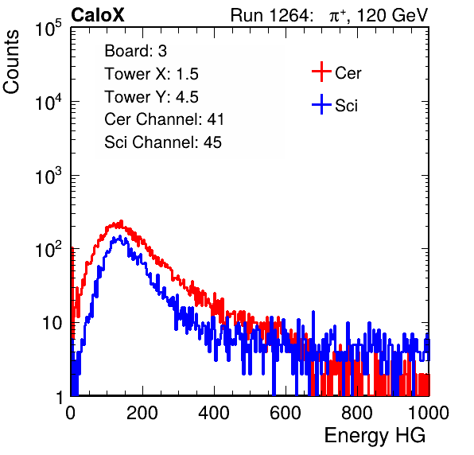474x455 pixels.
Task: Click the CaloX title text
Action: [98, 15]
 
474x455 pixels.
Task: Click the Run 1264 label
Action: [270, 15]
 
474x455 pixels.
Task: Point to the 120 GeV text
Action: [392, 15]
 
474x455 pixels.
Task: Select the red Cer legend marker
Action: [321, 72]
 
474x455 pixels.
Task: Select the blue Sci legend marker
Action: [321, 104]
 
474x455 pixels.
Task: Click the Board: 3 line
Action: [135, 51]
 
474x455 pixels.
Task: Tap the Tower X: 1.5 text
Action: [151, 74]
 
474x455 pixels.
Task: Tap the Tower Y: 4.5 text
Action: [151, 97]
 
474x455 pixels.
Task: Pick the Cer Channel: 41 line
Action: [164, 119]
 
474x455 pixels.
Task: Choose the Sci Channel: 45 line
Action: [163, 142]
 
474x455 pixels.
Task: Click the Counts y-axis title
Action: [11, 62]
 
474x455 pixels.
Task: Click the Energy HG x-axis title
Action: [375, 436]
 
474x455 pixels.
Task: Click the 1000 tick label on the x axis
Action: [429, 413]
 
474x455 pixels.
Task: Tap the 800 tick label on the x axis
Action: [357, 413]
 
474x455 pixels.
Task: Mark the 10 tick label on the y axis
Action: [52, 323]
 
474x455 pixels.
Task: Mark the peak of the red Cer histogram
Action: [121, 221]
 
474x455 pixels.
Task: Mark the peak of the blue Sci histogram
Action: [120, 236]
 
